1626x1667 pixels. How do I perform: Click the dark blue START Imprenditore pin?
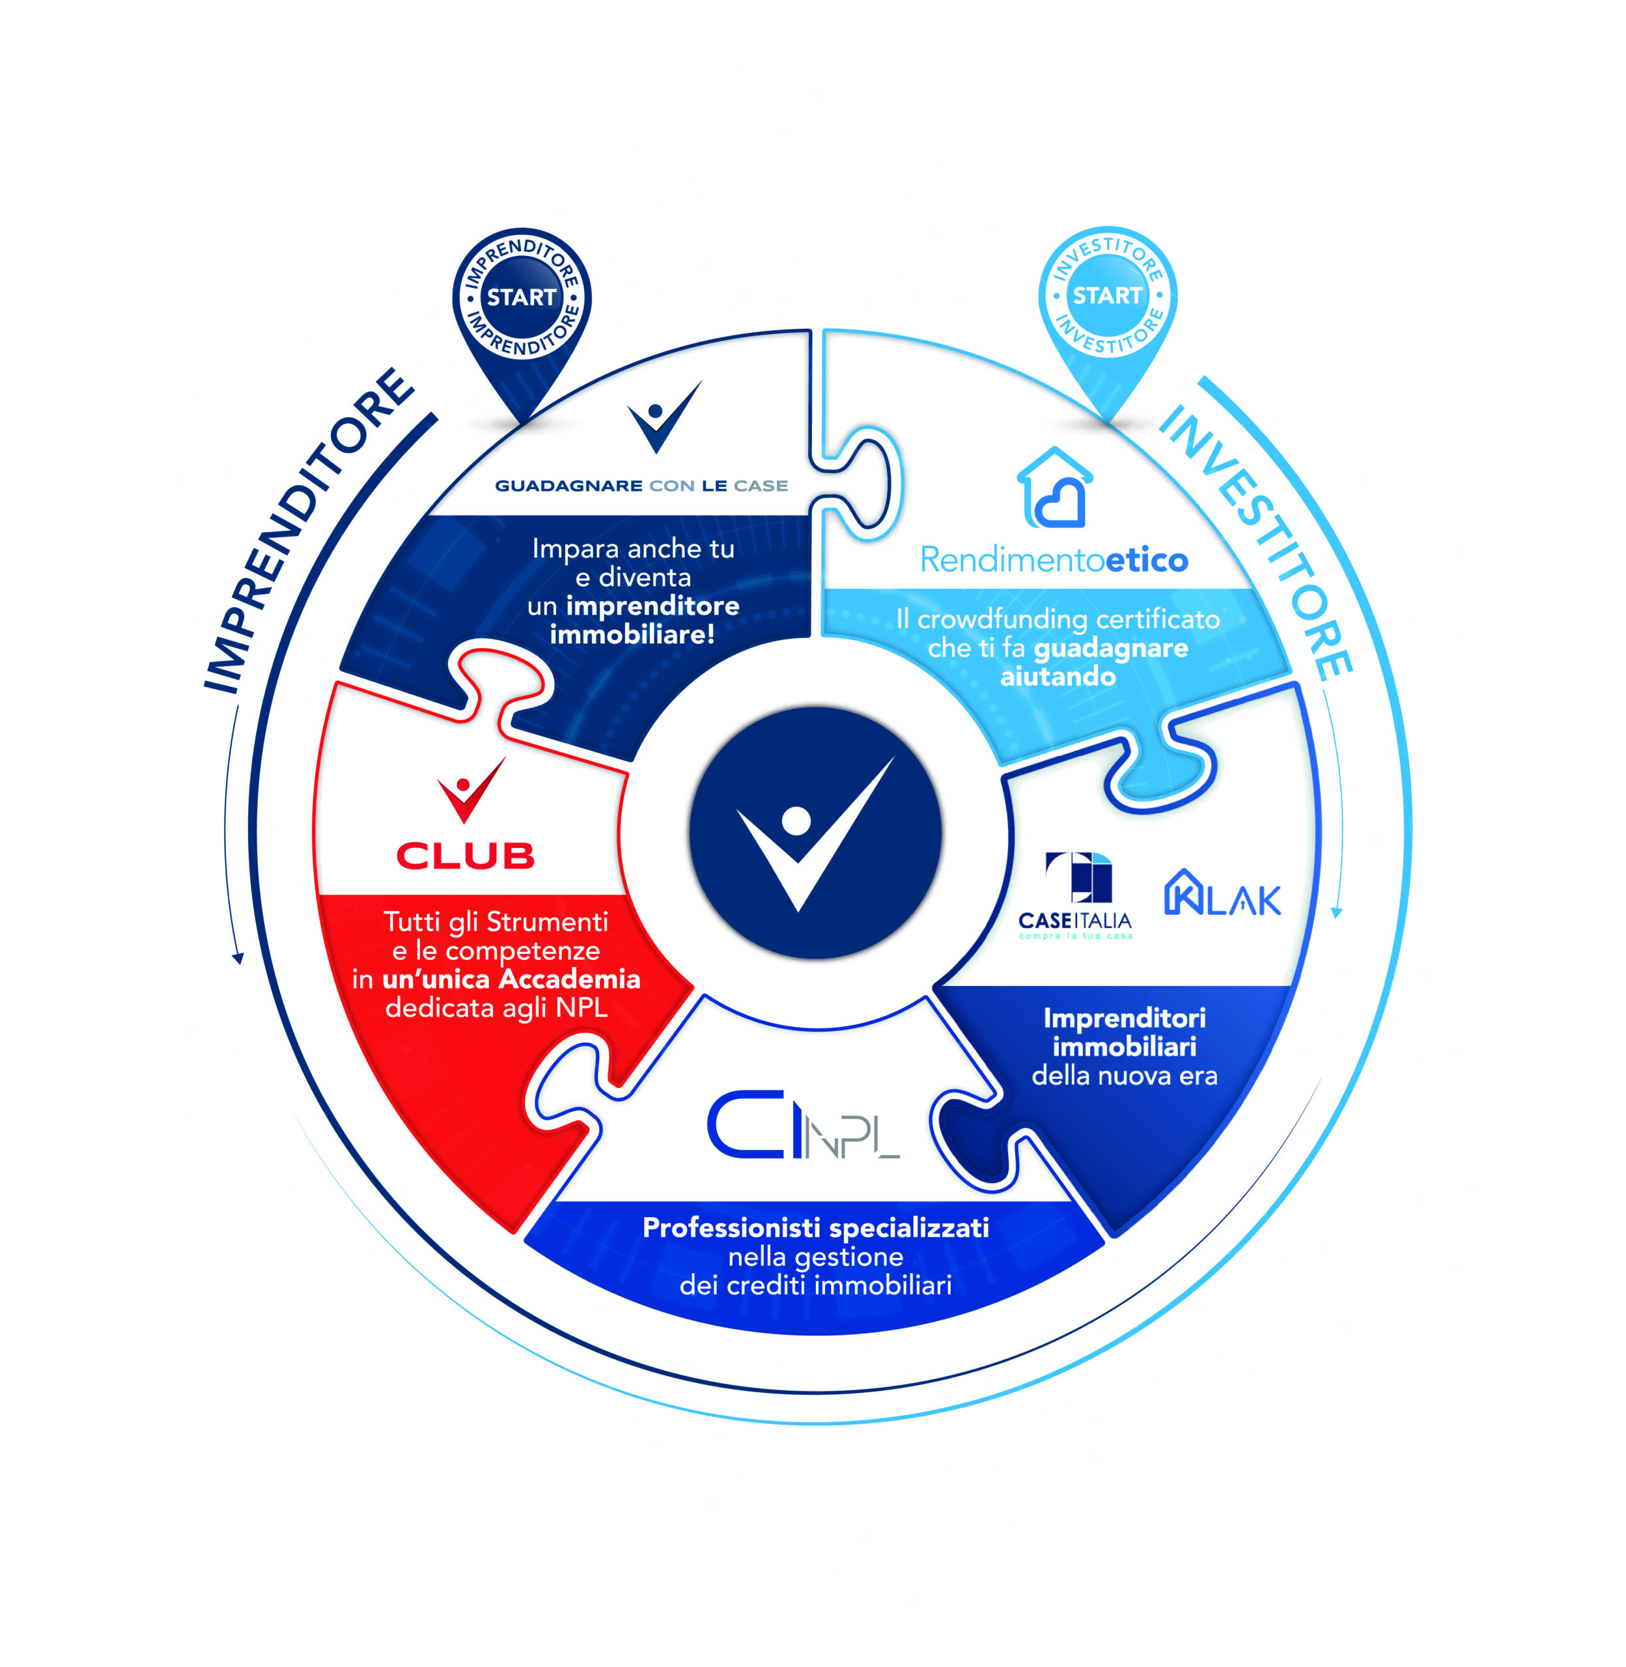pyautogui.click(x=522, y=307)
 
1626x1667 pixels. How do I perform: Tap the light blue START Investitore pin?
pyautogui.click(x=1108, y=306)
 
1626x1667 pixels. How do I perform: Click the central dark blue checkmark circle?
pyautogui.click(x=815, y=833)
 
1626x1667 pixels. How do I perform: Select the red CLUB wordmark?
pyautogui.click(x=466, y=856)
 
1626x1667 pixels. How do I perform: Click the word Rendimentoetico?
pyautogui.click(x=1054, y=560)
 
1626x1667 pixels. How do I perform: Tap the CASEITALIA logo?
pyautogui.click(x=1075, y=895)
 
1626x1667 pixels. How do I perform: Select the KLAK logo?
pyautogui.click(x=1223, y=893)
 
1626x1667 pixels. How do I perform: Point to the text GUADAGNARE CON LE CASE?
pyautogui.click(x=641, y=486)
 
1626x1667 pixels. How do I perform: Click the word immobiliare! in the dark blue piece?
pyautogui.click(x=632, y=634)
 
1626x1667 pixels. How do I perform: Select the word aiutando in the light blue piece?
pyautogui.click(x=1058, y=677)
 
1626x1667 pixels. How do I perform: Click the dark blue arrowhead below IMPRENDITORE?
pyautogui.click(x=238, y=957)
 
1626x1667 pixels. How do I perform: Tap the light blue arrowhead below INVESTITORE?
pyautogui.click(x=1338, y=913)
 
